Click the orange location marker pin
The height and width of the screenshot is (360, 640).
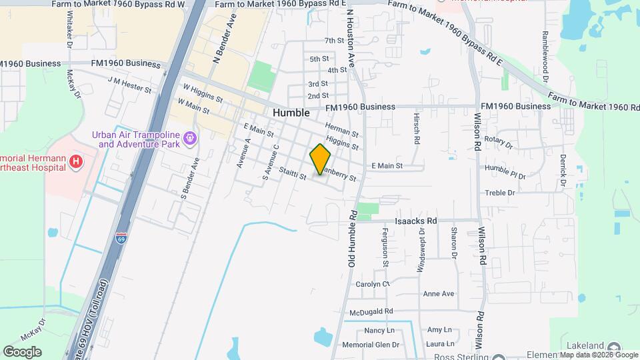(321, 159)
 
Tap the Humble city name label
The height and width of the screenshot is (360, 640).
(291, 113)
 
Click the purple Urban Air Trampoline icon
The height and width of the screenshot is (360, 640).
(191, 138)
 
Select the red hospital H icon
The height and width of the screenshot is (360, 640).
(77, 161)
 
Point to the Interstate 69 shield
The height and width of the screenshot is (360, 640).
(121, 237)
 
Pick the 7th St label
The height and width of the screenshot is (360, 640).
(334, 41)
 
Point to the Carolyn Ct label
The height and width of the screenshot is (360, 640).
(372, 284)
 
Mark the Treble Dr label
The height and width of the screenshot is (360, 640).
(502, 193)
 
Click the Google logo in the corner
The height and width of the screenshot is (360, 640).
(22, 351)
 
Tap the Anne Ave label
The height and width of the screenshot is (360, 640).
(438, 293)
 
